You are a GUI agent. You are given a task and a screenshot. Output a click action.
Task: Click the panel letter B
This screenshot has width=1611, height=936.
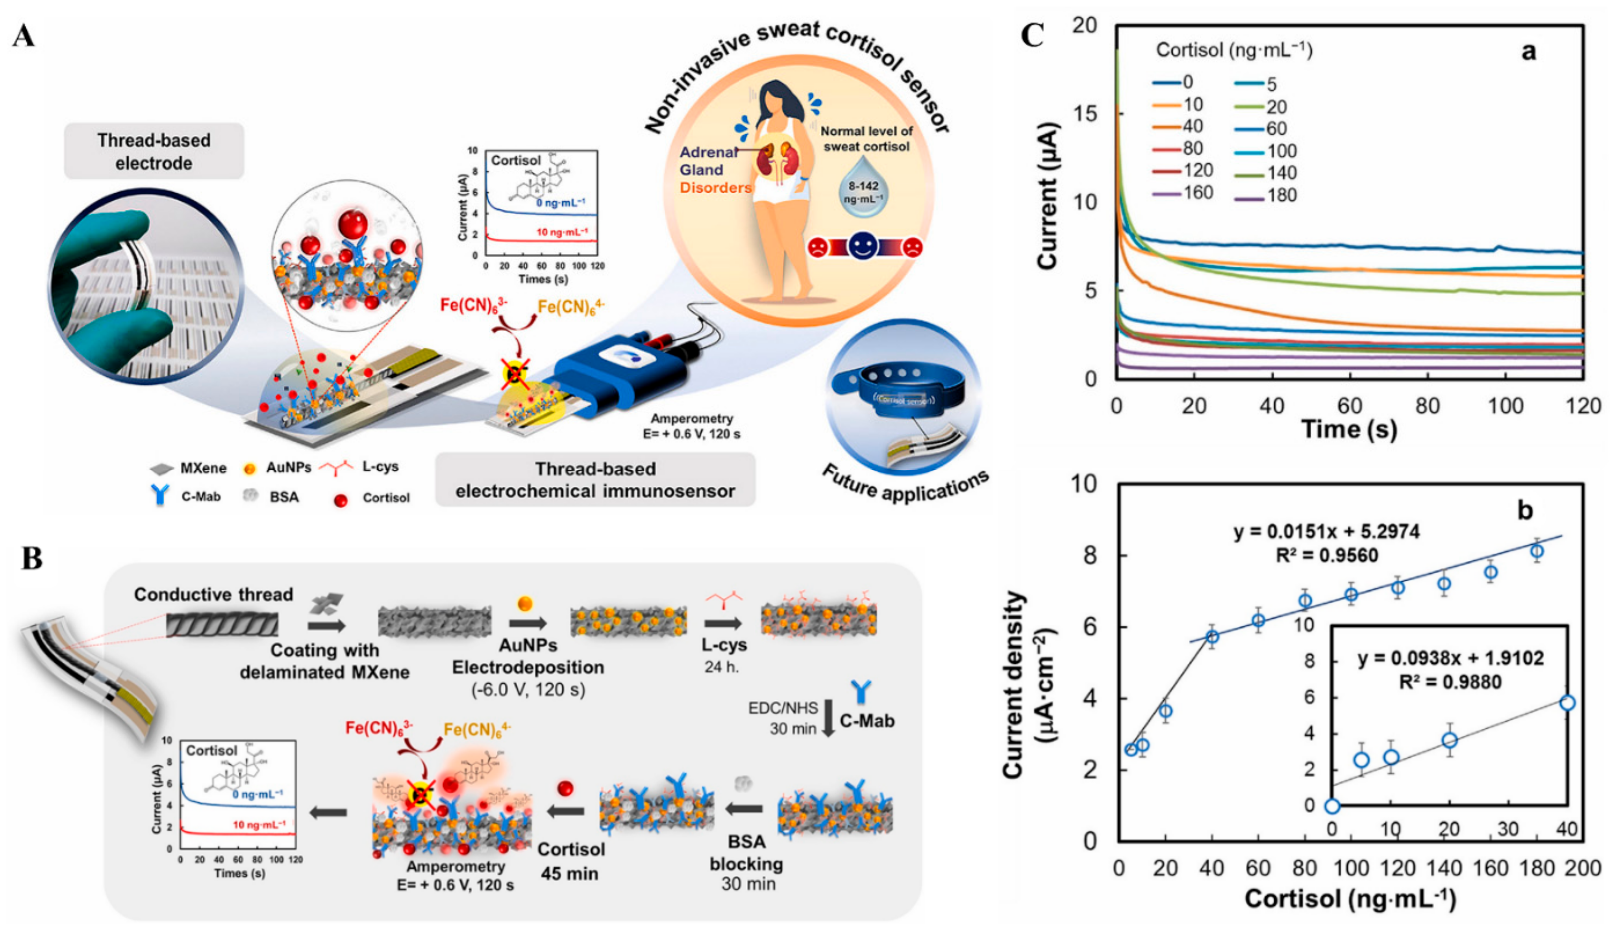[32, 558]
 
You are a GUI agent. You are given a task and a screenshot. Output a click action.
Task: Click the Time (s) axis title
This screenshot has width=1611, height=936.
[1349, 429]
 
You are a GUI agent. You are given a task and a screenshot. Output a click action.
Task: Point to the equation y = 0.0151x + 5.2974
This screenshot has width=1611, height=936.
[1326, 532]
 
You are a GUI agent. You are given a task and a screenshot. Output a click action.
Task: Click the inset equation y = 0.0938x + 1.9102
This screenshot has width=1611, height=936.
[1450, 658]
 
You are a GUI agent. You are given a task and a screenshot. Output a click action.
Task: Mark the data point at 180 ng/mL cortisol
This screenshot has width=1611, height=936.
[1537, 551]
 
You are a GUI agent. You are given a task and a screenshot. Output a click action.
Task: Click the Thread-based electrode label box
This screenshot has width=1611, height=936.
[154, 152]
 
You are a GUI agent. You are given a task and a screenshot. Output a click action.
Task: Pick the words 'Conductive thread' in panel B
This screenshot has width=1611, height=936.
[213, 595]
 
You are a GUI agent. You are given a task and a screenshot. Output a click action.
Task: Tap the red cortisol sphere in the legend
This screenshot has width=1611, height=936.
[341, 500]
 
